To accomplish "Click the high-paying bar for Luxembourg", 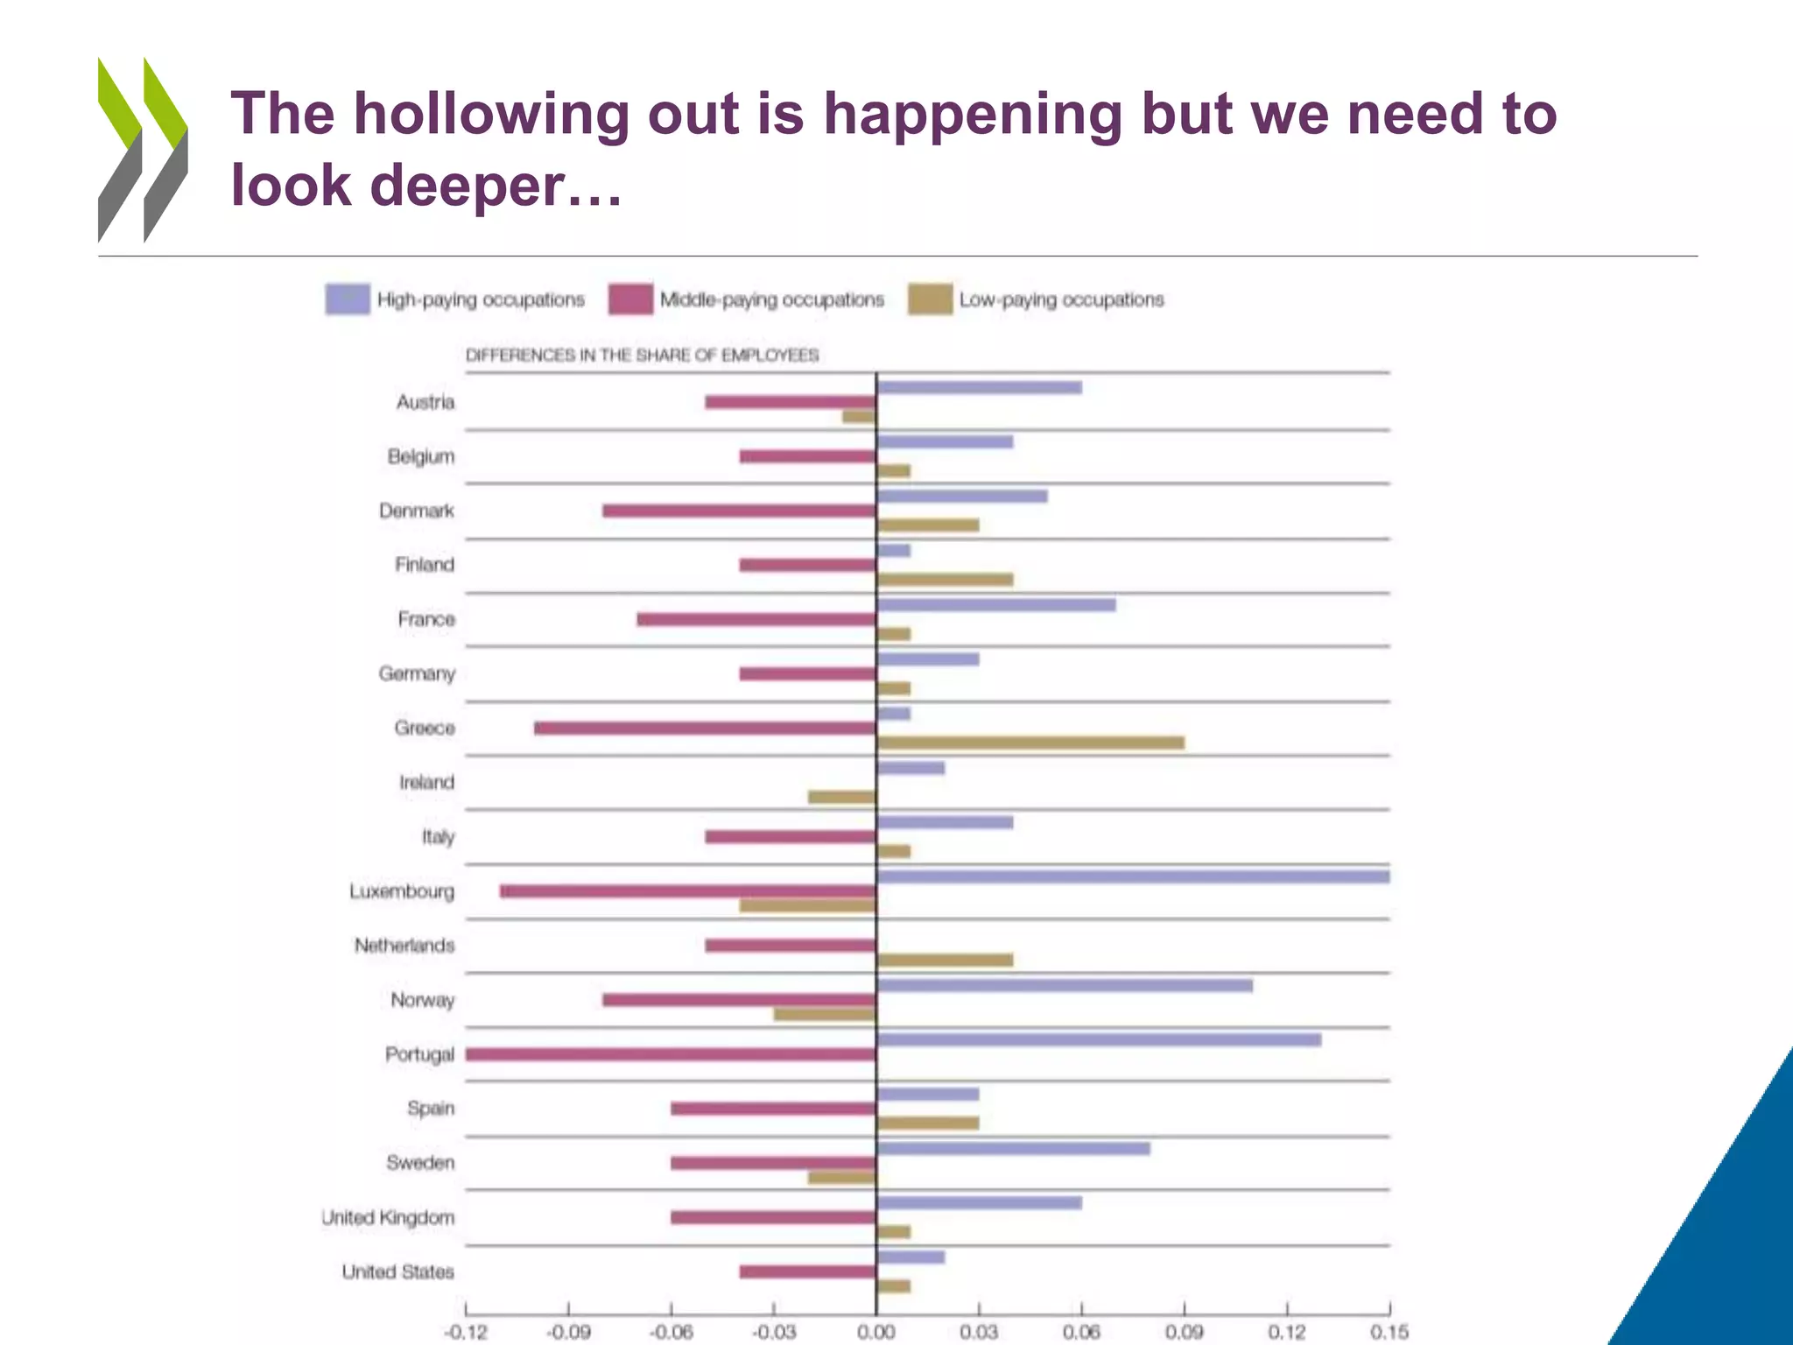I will pyautogui.click(x=1133, y=877).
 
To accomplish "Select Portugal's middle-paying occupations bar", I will pyautogui.click(x=671, y=1054).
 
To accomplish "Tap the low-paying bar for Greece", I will pyautogui.click(x=1030, y=743).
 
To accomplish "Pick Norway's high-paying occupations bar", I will pyautogui.click(x=1065, y=985).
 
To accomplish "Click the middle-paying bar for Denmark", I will pyautogui.click(x=739, y=511).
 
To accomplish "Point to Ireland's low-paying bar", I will pyautogui.click(x=841, y=797).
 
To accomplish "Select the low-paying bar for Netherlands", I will pyautogui.click(x=945, y=960).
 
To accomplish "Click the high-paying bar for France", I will pyautogui.click(x=996, y=605).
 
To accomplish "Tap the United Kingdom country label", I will pyautogui.click(x=388, y=1217).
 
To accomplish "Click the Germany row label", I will pyautogui.click(x=417, y=673).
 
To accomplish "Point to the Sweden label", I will pyautogui.click(x=420, y=1163).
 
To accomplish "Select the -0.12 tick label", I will pyautogui.click(x=465, y=1332).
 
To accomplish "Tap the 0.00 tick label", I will pyautogui.click(x=875, y=1332).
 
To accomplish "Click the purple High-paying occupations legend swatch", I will pyautogui.click(x=348, y=299).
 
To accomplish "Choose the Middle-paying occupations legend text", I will pyautogui.click(x=771, y=299).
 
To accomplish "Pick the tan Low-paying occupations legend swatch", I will pyautogui.click(x=930, y=299).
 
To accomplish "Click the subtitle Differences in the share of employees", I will pyautogui.click(x=642, y=355).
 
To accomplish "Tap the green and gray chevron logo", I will pyautogui.click(x=142, y=149).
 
